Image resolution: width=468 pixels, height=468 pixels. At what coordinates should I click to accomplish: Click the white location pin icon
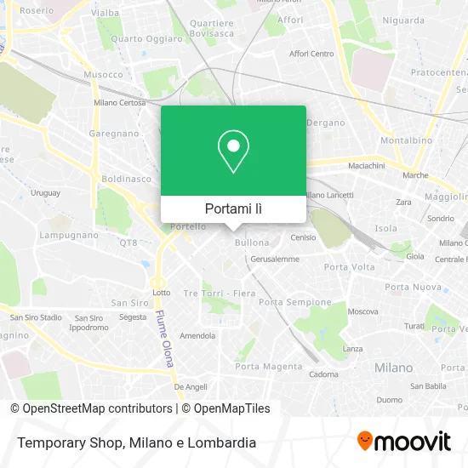[233, 151]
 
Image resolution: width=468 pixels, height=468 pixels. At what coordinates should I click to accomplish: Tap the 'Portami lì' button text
[233, 208]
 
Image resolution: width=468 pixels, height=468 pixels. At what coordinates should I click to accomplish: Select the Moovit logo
[404, 441]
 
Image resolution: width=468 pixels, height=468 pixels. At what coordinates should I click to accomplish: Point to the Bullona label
[251, 243]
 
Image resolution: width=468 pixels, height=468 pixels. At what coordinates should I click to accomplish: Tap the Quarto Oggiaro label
[146, 38]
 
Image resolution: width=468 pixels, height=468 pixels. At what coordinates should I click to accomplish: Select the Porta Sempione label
[294, 302]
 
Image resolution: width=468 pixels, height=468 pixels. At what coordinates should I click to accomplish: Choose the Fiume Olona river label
[163, 338]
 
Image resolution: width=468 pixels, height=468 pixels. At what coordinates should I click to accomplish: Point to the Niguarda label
[403, 20]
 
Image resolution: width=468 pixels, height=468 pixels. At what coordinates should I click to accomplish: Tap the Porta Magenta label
[271, 367]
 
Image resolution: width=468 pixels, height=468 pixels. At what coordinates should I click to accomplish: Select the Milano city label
[393, 368]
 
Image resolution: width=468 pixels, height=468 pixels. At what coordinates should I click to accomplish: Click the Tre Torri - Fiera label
[220, 294]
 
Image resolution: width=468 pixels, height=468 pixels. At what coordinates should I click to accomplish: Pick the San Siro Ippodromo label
[88, 322]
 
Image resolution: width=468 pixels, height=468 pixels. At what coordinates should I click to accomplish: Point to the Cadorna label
[323, 374]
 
